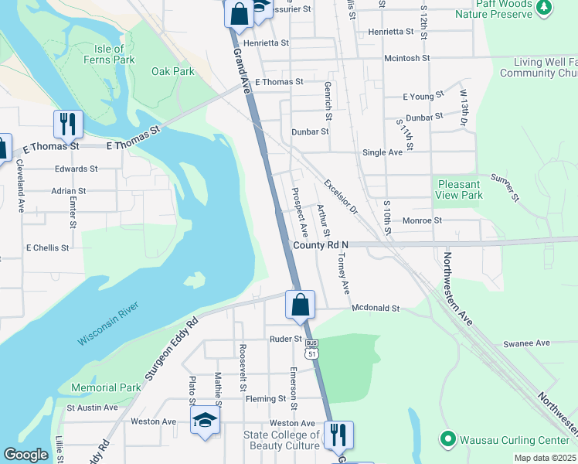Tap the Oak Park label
[173, 71]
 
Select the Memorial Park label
[106, 387]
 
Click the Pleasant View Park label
[460, 189]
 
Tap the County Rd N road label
[321, 244]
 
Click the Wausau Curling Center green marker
[447, 439]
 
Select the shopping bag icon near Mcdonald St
[300, 305]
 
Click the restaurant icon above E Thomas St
[68, 124]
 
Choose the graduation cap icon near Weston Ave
[205, 420]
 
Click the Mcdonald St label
[375, 308]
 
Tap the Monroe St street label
[422, 220]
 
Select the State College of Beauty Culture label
[281, 440]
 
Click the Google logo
[25, 455]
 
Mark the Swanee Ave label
[526, 343]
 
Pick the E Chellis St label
[48, 248]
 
